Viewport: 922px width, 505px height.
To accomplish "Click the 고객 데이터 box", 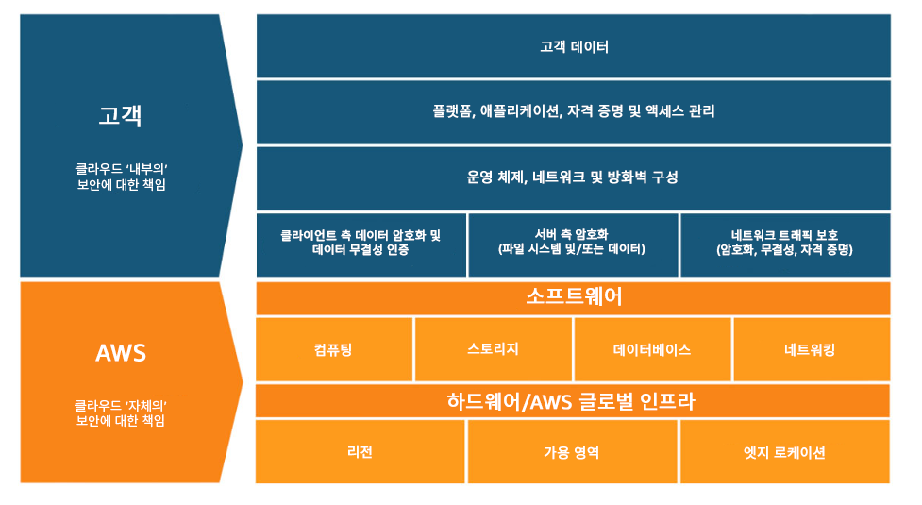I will [x=573, y=46].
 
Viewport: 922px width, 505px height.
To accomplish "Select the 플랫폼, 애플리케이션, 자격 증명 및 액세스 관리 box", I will [x=573, y=111].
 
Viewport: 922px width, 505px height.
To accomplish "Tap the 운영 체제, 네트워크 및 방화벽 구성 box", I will [x=573, y=177].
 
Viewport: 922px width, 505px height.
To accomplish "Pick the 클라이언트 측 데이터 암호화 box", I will [x=360, y=244].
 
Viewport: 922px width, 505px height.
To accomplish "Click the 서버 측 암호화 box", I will [x=572, y=244].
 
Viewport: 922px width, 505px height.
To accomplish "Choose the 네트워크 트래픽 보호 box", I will [x=784, y=244].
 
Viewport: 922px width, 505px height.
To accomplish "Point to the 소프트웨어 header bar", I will [x=573, y=297].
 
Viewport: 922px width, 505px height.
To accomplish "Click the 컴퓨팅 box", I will [x=334, y=349].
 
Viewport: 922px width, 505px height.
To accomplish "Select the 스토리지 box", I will [x=493, y=349].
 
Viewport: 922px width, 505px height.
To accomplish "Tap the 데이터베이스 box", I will [x=651, y=349].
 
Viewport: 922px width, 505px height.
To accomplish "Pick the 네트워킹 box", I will [x=810, y=349].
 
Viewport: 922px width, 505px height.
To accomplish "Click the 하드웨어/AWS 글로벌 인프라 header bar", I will [x=573, y=401].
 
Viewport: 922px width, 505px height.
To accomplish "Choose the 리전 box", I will [x=360, y=452].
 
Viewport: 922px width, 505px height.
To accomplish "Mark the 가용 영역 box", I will [x=572, y=452].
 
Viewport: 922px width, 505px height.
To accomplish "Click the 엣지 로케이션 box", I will [x=784, y=452].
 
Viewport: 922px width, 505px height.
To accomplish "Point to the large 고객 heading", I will [x=121, y=116].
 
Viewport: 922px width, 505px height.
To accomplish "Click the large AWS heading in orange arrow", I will [x=121, y=354].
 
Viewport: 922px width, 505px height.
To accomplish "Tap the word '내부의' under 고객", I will [x=146, y=169].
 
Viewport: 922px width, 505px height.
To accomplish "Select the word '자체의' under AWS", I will [x=146, y=405].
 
